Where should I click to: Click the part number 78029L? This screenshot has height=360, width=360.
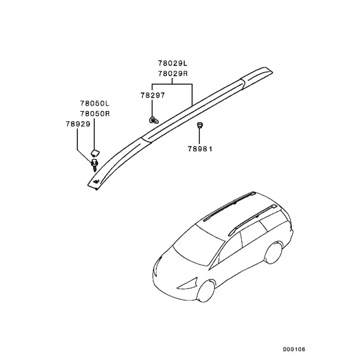click(x=173, y=63)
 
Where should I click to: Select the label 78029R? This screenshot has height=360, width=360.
click(x=173, y=73)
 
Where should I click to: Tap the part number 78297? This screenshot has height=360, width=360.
click(x=152, y=95)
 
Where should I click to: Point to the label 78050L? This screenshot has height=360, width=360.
click(x=95, y=103)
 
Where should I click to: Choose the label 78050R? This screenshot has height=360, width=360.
click(x=95, y=113)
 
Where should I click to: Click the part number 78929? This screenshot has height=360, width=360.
click(x=78, y=124)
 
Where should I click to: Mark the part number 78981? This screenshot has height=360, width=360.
click(x=200, y=149)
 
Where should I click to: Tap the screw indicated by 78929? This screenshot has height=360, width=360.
click(x=95, y=165)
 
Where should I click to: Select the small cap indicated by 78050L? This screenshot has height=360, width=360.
click(x=95, y=153)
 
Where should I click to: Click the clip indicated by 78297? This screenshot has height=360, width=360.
click(x=154, y=120)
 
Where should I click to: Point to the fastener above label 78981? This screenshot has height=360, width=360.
click(x=200, y=125)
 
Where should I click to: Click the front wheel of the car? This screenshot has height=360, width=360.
click(x=206, y=290)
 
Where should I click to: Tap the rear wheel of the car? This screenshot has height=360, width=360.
click(x=273, y=253)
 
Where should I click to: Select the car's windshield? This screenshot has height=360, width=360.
click(x=199, y=245)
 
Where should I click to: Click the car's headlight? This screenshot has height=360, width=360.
click(x=188, y=284)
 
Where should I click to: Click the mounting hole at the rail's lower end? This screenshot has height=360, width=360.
click(x=96, y=182)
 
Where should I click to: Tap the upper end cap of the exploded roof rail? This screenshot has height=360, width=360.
click(x=257, y=74)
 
